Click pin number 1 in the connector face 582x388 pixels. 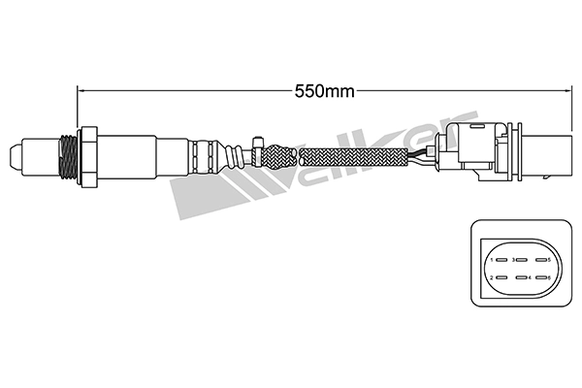tap(500, 260)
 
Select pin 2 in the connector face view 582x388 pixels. tap(500, 278)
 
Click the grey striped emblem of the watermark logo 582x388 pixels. tap(209, 194)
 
